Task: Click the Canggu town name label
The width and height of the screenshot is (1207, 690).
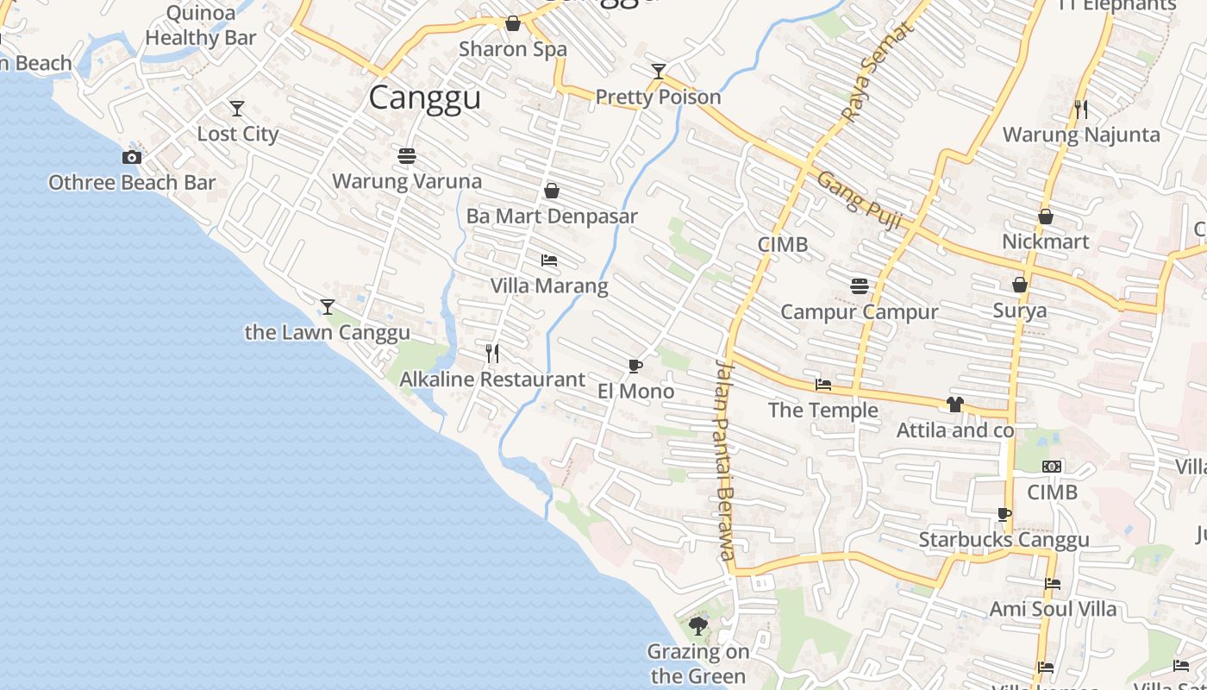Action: [424, 97]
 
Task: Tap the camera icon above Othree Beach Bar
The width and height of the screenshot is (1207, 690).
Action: [132, 157]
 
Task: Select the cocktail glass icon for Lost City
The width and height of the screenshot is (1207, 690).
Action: [237, 109]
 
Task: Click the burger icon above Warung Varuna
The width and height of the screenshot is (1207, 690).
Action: [407, 156]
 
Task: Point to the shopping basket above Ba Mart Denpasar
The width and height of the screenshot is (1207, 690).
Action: [552, 191]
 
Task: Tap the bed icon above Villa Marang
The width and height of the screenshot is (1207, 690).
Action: [549, 260]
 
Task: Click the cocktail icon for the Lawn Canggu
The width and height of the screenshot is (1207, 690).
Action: [327, 306]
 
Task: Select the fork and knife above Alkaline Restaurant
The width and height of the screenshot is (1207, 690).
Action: [492, 353]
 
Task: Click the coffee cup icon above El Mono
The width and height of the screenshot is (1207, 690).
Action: [635, 366]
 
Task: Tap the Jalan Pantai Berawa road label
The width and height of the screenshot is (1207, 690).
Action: [724, 461]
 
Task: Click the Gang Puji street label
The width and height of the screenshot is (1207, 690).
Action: [858, 200]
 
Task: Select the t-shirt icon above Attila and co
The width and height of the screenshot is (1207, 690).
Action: [954, 404]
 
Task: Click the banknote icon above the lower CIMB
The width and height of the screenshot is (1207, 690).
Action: [1052, 467]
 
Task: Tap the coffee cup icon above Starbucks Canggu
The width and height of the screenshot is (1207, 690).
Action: [1004, 514]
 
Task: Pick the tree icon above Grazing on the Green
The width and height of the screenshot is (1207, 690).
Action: [698, 625]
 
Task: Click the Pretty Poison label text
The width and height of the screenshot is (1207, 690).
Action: [658, 97]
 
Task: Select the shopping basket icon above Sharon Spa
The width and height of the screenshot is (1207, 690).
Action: [513, 23]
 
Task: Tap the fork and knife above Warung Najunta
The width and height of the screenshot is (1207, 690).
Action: [1081, 109]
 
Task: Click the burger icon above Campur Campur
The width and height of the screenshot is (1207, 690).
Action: [859, 285]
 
